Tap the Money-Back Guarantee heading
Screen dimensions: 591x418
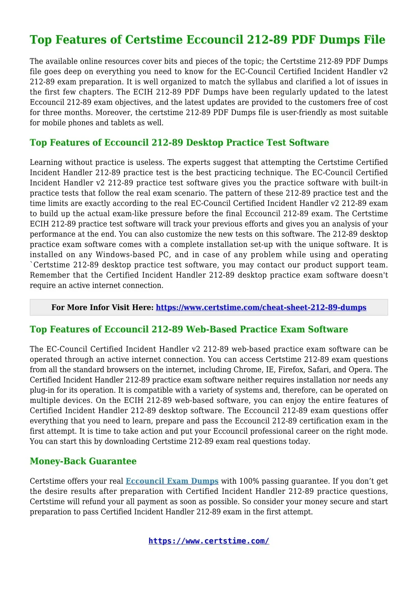point(83,461)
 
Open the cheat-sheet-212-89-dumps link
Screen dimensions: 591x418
point(261,307)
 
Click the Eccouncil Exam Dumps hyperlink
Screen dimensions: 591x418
point(172,481)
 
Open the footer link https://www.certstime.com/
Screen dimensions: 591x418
point(209,541)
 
